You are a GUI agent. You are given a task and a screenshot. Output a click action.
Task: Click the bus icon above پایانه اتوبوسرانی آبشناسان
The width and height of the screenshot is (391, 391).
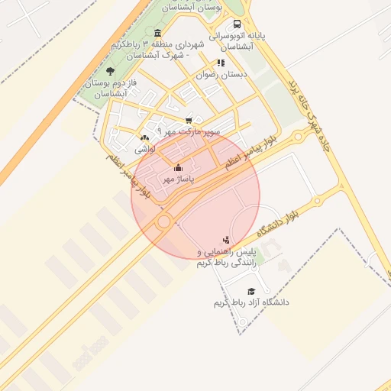point(237,24)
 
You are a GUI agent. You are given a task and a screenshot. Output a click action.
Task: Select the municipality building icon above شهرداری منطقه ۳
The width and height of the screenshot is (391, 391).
point(157,33)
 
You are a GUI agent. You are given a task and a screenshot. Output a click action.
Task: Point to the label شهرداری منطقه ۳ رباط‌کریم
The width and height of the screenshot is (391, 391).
point(159,50)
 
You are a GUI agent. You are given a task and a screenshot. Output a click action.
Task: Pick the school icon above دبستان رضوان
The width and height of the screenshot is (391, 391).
point(221,63)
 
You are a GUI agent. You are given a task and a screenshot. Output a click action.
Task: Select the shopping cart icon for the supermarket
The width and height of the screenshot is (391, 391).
point(189,120)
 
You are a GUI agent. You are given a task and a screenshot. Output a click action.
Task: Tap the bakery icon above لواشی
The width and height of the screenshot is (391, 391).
point(144,137)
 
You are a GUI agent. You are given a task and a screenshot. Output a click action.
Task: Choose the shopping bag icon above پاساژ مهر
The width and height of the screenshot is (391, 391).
point(179,166)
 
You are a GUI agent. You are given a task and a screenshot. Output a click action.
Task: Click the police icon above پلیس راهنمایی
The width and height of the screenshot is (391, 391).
point(225,240)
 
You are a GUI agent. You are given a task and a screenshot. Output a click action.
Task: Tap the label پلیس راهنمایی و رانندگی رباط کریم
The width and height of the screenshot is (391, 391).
point(226,257)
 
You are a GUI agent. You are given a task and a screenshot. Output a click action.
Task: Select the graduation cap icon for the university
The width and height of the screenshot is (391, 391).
point(251,291)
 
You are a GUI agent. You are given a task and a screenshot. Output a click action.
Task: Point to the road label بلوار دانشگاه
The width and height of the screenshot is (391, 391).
point(286,218)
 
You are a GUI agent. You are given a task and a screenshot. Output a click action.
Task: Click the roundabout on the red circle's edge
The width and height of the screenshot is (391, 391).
point(163,221)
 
